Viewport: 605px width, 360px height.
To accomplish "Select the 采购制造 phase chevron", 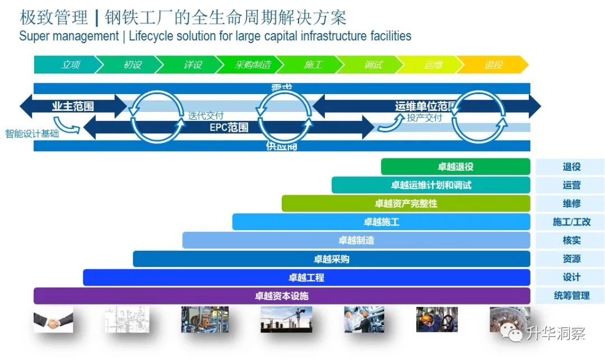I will pos(252,65).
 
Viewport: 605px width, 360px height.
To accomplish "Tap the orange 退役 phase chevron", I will pos(493,65).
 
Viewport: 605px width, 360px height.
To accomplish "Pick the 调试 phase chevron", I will pos(373,65).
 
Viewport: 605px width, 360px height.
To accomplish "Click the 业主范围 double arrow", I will pos(73,106).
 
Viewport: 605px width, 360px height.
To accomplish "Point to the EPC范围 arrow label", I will pos(229,127).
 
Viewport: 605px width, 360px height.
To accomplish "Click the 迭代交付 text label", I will pos(206,116).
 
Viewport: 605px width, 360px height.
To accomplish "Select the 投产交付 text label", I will pos(424,118).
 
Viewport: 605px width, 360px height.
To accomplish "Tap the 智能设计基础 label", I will pos(32,134).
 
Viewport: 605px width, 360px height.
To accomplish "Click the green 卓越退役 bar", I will pos(455,167).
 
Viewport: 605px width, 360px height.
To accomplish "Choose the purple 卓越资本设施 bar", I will pos(282,296).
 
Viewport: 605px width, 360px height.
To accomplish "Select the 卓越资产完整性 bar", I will pos(406,203).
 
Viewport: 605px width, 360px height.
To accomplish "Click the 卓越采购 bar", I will pos(331,259).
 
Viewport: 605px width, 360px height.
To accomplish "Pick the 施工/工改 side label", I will pos(571,222).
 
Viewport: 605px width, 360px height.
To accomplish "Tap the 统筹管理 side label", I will pos(571,295).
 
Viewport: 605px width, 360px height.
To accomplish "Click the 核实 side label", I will pos(571,240).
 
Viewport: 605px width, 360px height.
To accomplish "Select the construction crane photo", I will pos(286,319).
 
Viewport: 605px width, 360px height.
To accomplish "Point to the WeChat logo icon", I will pos(513,334).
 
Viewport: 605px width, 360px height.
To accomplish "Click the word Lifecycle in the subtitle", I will pos(153,36).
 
